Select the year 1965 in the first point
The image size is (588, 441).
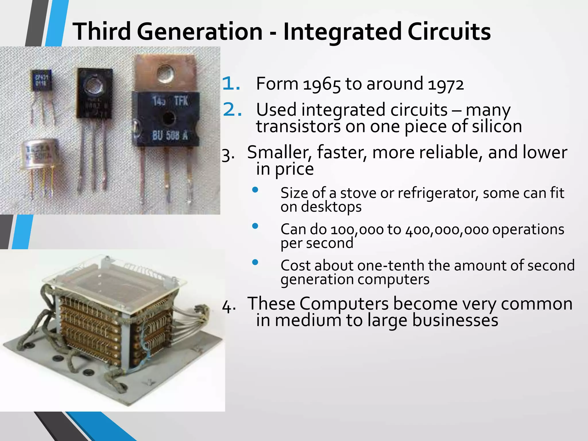(x=322, y=84)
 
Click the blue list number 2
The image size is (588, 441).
(x=232, y=110)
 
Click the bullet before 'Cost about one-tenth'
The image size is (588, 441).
(x=255, y=262)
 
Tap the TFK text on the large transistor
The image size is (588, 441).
(x=181, y=101)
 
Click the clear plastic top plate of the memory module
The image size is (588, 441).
(x=115, y=276)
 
